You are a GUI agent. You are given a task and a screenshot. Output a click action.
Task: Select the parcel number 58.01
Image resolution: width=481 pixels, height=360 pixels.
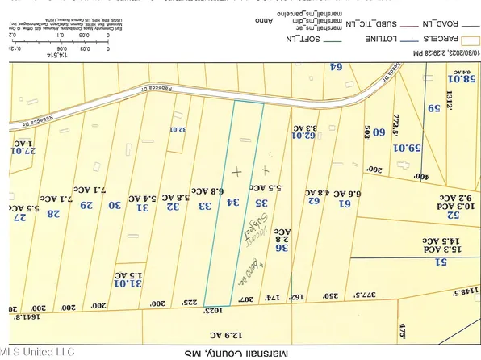pyautogui.click(x=462, y=79)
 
